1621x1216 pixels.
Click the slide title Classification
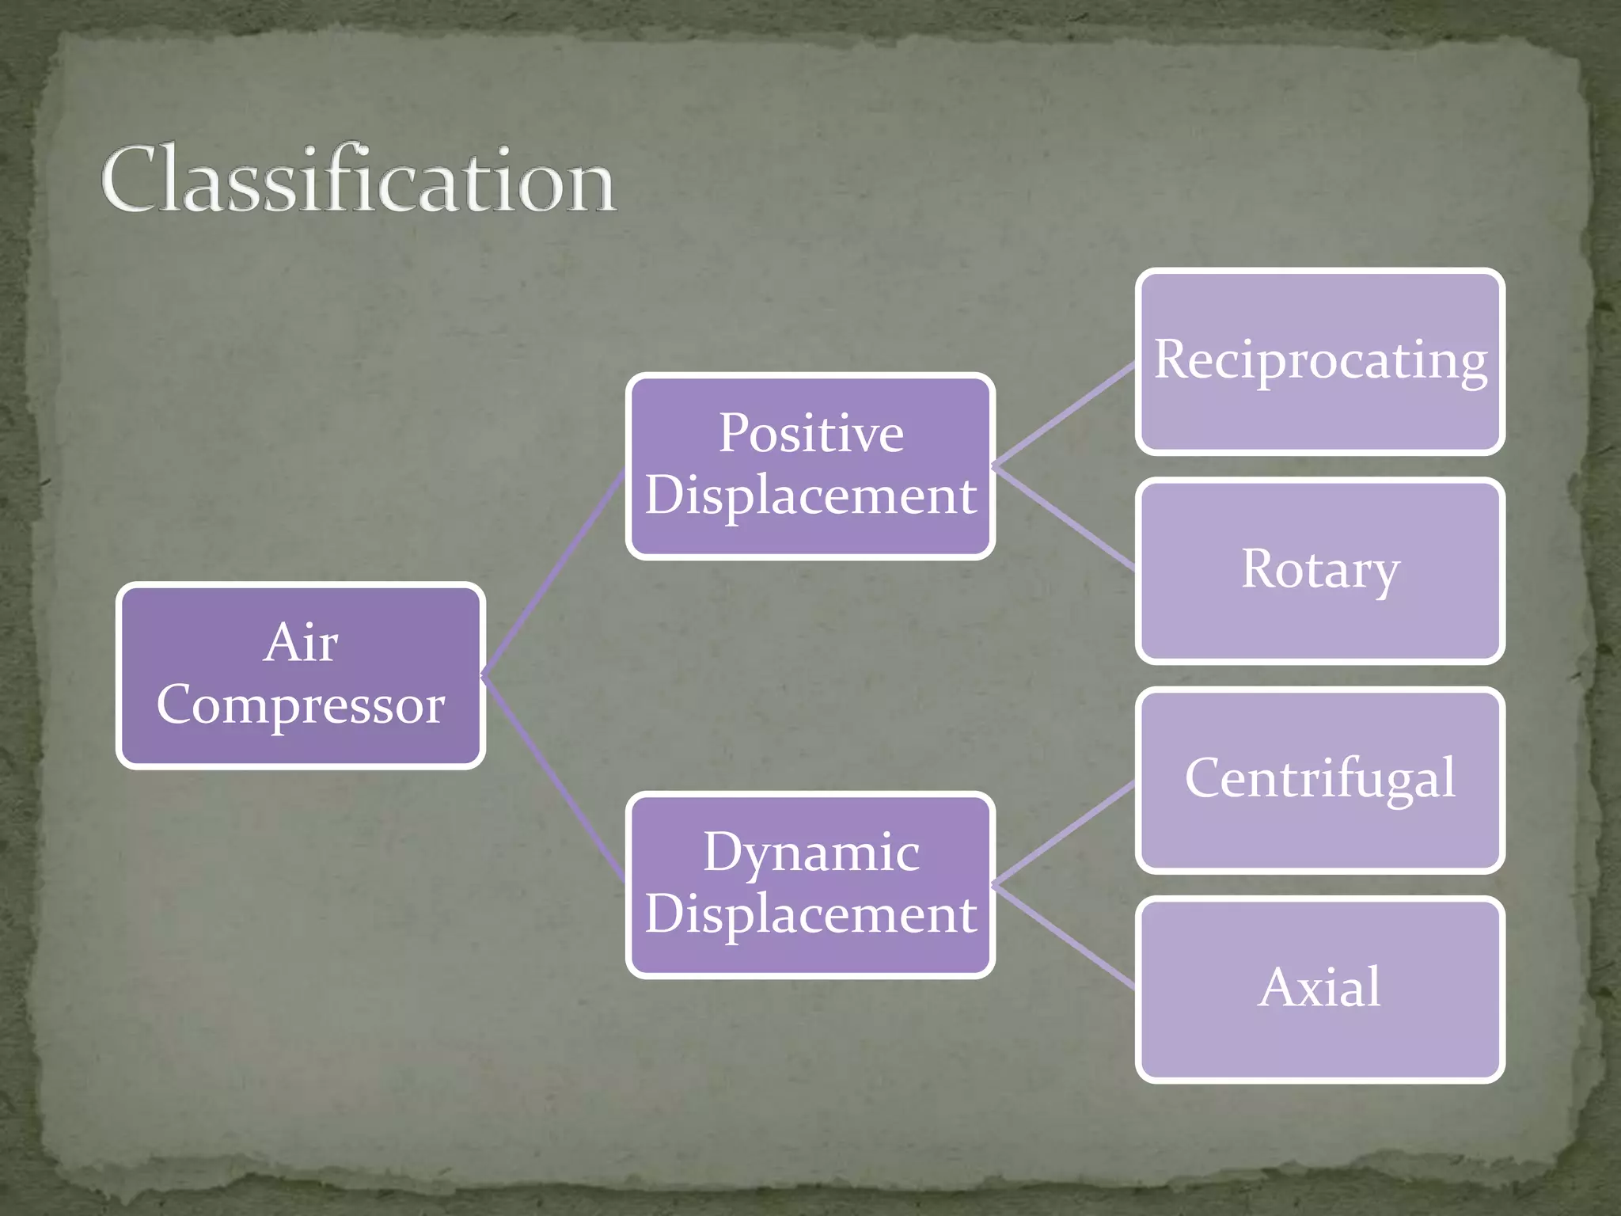pyautogui.click(x=358, y=180)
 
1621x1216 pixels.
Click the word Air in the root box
pyautogui.click(x=301, y=642)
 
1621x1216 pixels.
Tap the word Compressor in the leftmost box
pyautogui.click(x=301, y=704)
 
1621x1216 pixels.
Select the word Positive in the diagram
pyautogui.click(x=810, y=434)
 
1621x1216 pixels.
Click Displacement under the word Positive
pyautogui.click(x=810, y=496)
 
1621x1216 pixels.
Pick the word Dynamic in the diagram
pyautogui.click(x=810, y=853)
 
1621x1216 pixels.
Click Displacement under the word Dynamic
pyautogui.click(x=810, y=914)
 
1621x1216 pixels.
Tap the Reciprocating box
pyautogui.click(x=1319, y=361)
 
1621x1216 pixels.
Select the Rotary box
pyautogui.click(x=1319, y=570)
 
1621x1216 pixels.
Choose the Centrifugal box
pyautogui.click(x=1319, y=779)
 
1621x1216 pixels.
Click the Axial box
pyautogui.click(x=1319, y=988)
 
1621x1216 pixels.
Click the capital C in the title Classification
pyautogui.click(x=131, y=180)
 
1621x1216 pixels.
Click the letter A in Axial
pyautogui.click(x=1277, y=988)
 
